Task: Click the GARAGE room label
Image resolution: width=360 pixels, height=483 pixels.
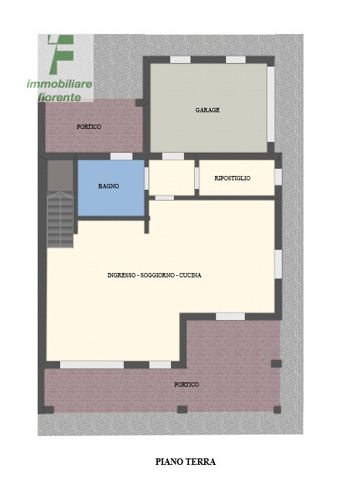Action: tap(207, 110)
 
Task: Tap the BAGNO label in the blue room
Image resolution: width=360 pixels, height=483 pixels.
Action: tap(109, 186)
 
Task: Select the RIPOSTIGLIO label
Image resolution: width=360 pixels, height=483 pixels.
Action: tap(233, 178)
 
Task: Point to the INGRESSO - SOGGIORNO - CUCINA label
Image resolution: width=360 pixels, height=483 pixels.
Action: tap(154, 275)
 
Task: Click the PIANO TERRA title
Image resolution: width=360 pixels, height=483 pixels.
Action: tap(185, 461)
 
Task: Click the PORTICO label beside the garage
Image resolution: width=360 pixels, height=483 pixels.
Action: tap(89, 127)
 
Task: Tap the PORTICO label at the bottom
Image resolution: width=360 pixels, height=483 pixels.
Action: tap(186, 385)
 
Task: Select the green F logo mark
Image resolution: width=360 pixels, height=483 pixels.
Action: tap(61, 54)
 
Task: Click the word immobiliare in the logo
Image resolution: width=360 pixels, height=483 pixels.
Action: tap(59, 85)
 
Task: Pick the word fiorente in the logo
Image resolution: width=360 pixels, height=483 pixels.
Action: tap(64, 96)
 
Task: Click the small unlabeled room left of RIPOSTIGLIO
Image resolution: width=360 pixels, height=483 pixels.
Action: tap(171, 177)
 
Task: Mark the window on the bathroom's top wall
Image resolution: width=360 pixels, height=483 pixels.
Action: tap(121, 156)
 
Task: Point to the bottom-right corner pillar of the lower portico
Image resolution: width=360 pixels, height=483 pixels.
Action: tap(276, 410)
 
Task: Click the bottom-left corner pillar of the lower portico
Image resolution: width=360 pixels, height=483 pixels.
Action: tap(49, 410)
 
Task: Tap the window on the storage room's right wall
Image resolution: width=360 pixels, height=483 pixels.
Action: tap(277, 177)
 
